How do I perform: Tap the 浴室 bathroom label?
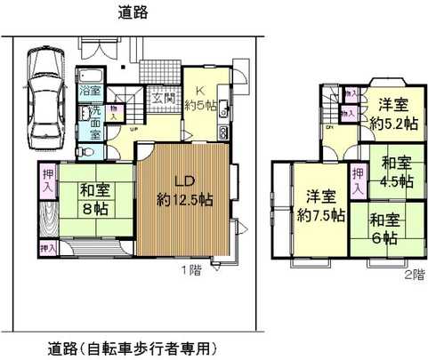(90, 92)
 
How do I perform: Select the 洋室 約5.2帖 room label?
(389, 114)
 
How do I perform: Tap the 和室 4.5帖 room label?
(394, 171)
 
